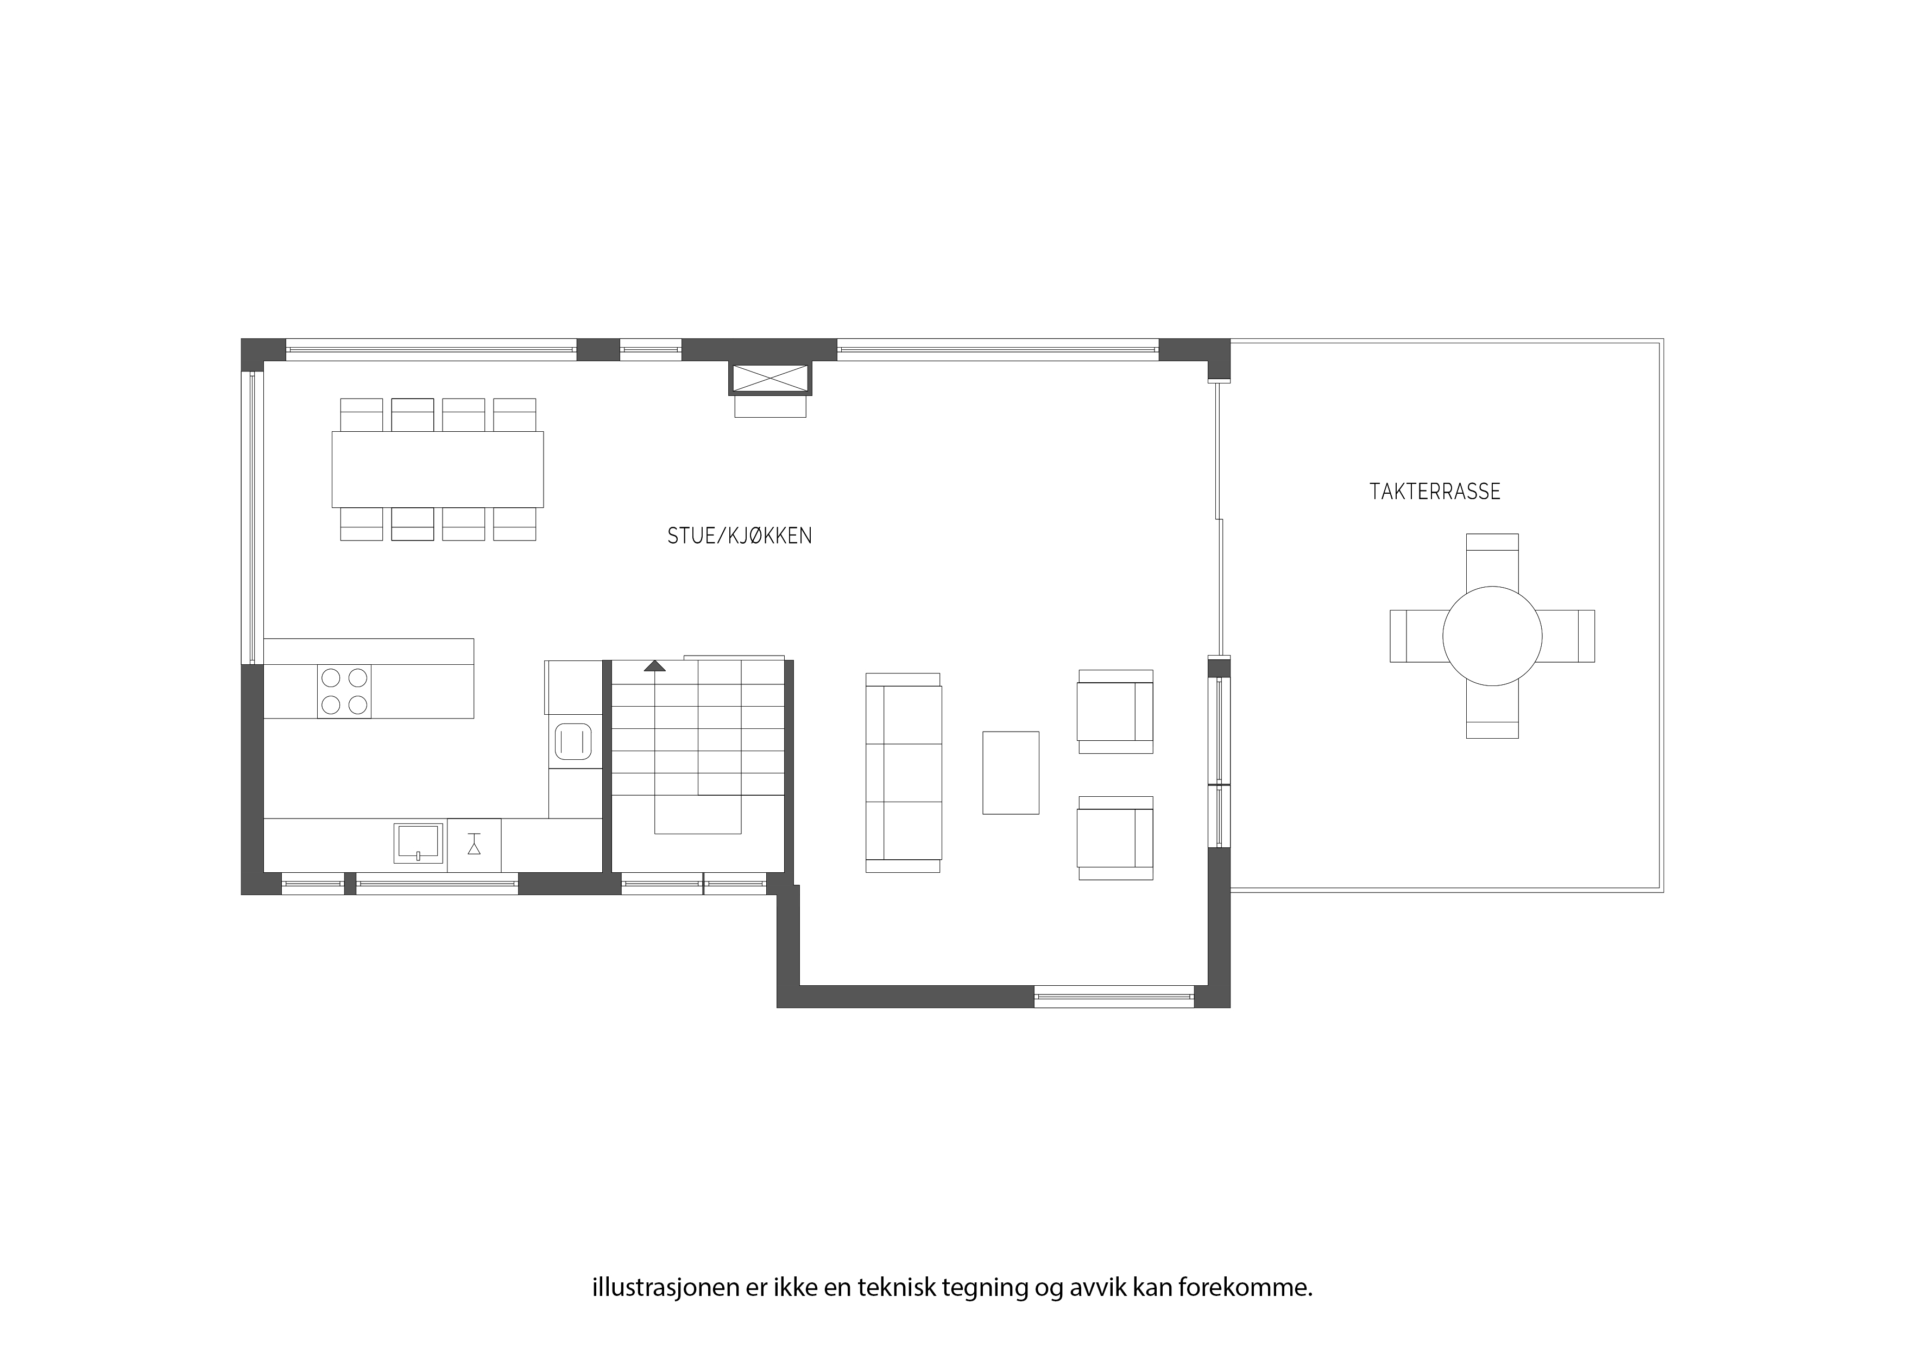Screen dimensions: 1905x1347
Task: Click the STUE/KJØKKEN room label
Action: [739, 536]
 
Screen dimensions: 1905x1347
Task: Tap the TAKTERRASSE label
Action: [1435, 492]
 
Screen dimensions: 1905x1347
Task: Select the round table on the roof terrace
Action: [1492, 635]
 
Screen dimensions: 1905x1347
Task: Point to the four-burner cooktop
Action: [344, 691]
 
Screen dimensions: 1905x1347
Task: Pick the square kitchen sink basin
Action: [418, 841]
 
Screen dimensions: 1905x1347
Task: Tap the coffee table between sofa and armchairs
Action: [1011, 773]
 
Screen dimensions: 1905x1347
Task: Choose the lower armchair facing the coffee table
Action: [1115, 838]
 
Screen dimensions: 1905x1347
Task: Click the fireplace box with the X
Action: [770, 379]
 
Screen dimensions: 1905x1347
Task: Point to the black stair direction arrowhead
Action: [654, 665]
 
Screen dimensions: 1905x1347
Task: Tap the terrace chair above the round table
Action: [1492, 561]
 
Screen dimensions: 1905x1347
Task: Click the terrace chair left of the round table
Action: [1416, 635]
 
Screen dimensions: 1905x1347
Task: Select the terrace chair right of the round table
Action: [1567, 635]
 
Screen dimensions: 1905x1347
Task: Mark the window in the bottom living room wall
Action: [1113, 996]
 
